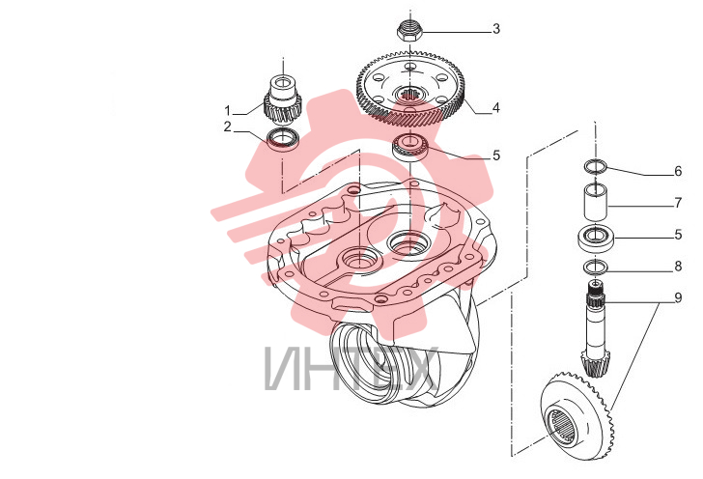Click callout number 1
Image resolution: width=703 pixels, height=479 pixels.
[228, 110]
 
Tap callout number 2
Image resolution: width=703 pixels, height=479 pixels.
[228, 127]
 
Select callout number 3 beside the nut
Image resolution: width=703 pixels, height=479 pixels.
[496, 29]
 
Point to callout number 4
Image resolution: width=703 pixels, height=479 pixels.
[496, 107]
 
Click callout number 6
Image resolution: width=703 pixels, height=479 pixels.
[678, 171]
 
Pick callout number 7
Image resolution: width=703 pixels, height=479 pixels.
[678, 203]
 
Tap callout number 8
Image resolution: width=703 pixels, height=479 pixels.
[678, 266]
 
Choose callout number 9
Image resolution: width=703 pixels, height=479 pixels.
[678, 297]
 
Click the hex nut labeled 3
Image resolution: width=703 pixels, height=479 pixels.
[408, 32]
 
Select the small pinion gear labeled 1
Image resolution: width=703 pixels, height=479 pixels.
[282, 101]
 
